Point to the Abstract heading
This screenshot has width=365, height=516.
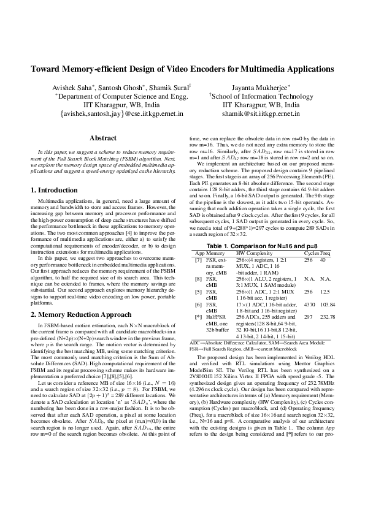coord(103,138)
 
